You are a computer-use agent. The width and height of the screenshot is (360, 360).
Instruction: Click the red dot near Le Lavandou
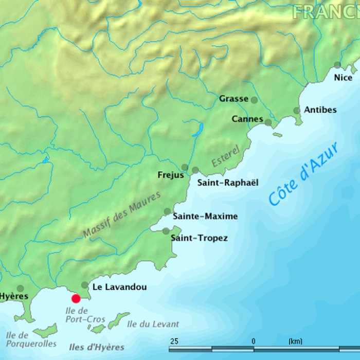pos(76,298)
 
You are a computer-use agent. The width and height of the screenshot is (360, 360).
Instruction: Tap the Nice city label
pos(343,78)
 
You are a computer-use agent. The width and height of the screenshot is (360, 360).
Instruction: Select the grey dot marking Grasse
pos(254,100)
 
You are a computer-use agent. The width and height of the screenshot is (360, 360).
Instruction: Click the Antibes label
pos(320,110)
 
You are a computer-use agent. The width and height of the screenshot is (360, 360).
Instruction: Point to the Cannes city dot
pos(268,122)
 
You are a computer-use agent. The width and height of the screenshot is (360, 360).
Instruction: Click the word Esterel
pos(226,156)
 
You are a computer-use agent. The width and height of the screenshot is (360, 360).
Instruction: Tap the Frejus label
pos(170,175)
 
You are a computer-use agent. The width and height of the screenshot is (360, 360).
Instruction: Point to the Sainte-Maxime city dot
pos(167,211)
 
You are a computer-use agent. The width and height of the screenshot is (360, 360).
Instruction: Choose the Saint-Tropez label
pos(199,238)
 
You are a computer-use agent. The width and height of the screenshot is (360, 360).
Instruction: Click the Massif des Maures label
pos(122,214)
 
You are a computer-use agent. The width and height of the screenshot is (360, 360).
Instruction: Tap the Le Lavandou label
pos(119,287)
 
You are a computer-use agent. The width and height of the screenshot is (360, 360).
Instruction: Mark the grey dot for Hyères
pos(20,289)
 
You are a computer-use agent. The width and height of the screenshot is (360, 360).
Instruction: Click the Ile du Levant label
pos(153,324)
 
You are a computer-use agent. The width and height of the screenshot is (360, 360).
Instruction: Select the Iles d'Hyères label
pos(96,347)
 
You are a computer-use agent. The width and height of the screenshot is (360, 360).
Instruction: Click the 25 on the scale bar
pos(174,341)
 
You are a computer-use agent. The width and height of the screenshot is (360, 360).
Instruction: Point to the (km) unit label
pos(295,341)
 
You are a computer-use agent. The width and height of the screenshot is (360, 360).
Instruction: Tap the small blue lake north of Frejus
pos(196,129)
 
